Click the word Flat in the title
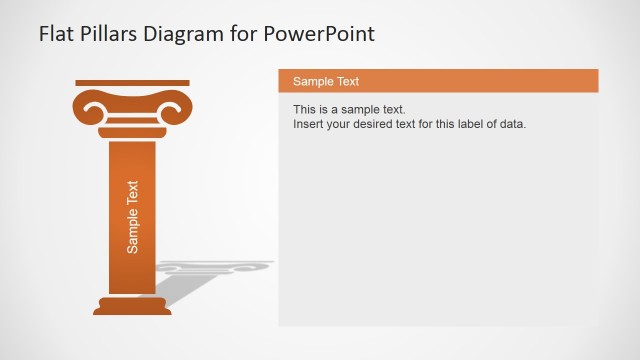[x=57, y=34]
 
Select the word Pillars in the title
[x=113, y=34]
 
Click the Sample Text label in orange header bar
[x=326, y=81]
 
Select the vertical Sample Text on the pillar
[x=133, y=216]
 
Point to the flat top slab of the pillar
[x=132, y=82]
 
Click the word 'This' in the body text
[x=305, y=109]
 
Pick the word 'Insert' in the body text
[x=308, y=124]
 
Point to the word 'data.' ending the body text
[x=511, y=124]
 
